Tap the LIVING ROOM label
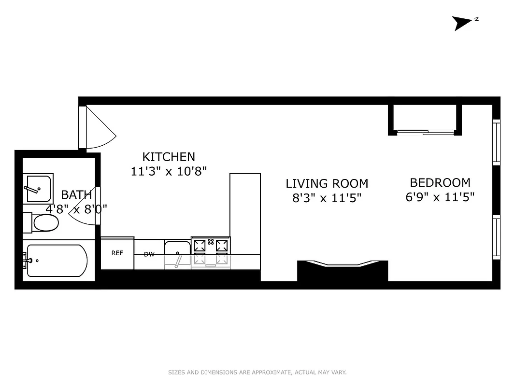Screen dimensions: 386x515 pos(327,184)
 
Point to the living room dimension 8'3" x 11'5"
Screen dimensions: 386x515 pos(327,198)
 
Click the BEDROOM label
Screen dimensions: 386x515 pos(440,183)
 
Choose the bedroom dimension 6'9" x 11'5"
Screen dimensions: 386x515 pos(440,197)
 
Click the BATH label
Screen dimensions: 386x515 pos(76,195)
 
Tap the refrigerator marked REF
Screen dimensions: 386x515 pos(117,253)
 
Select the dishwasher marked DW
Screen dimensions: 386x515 pos(149,254)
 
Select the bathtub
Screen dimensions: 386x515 pos(57,261)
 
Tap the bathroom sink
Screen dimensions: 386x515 pos(38,189)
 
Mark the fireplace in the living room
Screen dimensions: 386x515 pos(342,271)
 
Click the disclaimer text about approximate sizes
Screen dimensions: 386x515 pos(257,372)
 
